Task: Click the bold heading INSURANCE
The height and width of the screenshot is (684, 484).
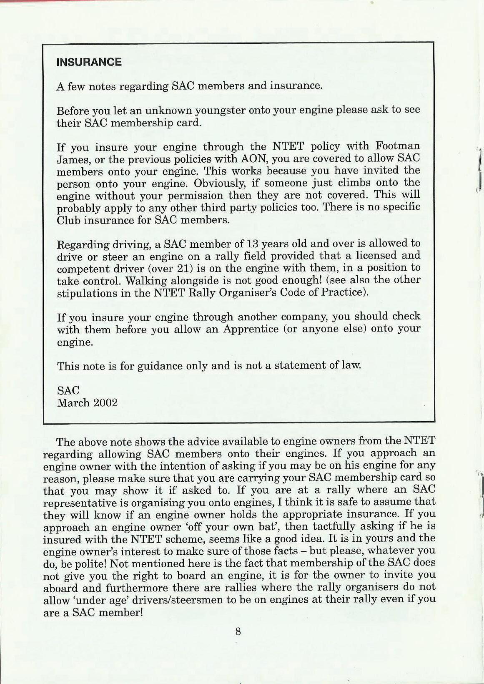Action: tap(89, 62)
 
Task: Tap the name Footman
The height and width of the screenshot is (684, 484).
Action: tap(398, 146)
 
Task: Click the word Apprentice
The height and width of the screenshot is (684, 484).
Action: tap(251, 329)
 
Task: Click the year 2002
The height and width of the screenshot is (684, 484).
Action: tap(105, 403)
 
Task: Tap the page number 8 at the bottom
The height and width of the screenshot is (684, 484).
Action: tap(238, 631)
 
